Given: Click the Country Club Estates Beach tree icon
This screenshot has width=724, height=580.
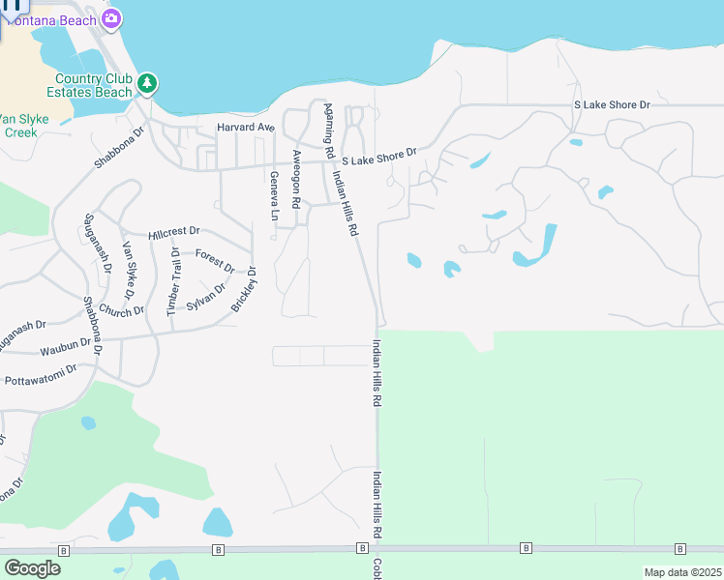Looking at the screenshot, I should (146, 84).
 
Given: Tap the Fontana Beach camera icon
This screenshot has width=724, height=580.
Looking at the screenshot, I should (111, 18).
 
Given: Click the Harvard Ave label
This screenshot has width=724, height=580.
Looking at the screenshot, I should (246, 128).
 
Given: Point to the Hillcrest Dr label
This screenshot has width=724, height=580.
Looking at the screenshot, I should (174, 233).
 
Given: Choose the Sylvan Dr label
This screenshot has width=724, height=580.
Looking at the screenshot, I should (206, 295).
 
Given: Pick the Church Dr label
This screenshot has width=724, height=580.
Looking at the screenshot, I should (121, 310).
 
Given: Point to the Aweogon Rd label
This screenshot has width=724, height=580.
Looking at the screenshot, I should (296, 178).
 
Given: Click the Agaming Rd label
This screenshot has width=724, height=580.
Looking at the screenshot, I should (329, 131).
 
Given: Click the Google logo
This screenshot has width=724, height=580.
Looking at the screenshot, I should (32, 568).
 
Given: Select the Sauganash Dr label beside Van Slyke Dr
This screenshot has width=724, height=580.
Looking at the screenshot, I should (95, 243).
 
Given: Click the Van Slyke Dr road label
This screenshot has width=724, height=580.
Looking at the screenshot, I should (126, 269).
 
